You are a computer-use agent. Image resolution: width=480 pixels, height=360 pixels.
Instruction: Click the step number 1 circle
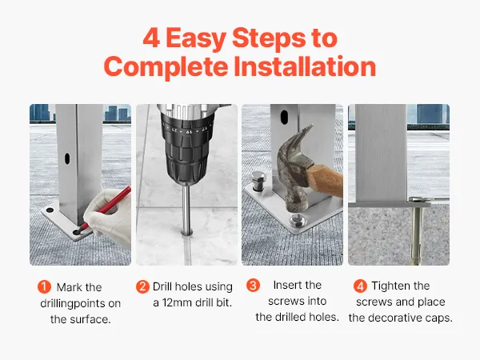(x=44, y=287)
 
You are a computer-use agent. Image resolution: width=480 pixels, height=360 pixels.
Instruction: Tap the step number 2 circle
(x=142, y=287)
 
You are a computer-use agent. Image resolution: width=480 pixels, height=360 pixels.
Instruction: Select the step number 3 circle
(x=253, y=286)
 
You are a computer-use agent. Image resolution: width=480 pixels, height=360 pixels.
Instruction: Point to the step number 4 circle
(x=360, y=286)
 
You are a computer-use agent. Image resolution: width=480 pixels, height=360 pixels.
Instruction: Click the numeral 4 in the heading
(x=151, y=38)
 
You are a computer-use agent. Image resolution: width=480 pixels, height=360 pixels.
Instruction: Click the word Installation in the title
(x=305, y=66)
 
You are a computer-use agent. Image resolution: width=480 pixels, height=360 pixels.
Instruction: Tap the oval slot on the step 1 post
(x=67, y=158)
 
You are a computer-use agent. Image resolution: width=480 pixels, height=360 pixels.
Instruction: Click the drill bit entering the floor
(x=186, y=209)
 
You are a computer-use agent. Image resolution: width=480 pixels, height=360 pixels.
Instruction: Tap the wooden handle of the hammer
(x=326, y=181)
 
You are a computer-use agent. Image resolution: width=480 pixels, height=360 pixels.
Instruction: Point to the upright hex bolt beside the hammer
(x=258, y=182)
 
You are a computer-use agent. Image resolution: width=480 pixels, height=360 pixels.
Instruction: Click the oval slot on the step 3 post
(x=284, y=118)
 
